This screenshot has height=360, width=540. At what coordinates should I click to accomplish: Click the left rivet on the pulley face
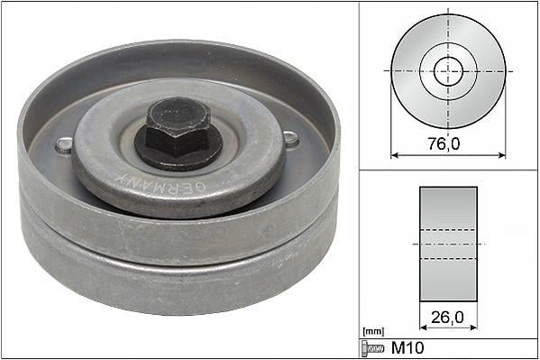64,145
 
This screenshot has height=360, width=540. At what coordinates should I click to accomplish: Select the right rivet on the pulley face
291,139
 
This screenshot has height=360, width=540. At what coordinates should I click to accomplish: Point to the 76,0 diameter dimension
444,143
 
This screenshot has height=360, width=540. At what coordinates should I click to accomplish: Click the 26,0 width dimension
447,318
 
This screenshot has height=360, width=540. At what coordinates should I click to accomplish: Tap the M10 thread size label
407,348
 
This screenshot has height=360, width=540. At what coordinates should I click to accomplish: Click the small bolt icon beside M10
372,348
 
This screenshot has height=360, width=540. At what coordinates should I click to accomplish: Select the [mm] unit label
373,332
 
